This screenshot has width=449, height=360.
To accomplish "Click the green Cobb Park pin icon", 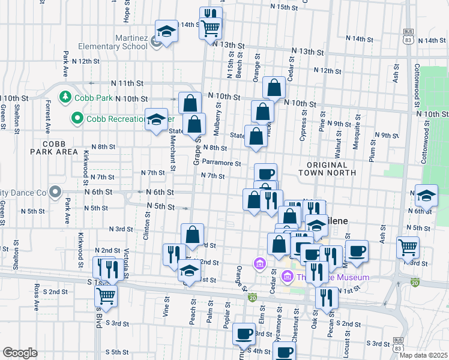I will tap(64, 97).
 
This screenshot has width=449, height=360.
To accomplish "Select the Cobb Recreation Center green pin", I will tap(76, 119).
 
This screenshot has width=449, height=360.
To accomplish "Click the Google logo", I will tap(20, 353).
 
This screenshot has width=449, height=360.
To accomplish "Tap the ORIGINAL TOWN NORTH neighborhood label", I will tap(326, 169).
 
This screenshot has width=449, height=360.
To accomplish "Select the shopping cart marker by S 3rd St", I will tap(106, 295).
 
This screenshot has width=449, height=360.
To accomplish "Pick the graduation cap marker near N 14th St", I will tap(166, 31).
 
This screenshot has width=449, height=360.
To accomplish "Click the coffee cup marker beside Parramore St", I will tap(265, 173).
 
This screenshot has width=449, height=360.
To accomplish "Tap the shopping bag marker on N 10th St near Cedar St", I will tap(274, 88).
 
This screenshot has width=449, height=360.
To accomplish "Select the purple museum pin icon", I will tap(286, 277).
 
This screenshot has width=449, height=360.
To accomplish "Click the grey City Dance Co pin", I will tap(55, 193).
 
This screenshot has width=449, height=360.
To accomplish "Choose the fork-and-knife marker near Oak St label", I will tap(327, 298).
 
